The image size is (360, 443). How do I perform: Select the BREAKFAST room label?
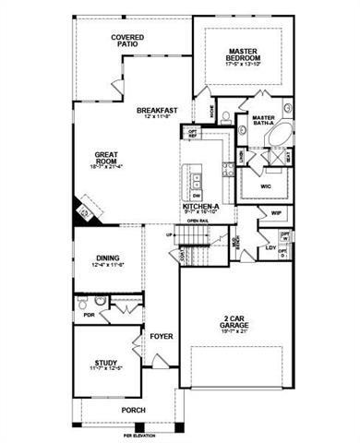click(157, 111)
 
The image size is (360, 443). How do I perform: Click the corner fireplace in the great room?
click(81, 212)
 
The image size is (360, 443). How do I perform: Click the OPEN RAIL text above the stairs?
click(198, 221)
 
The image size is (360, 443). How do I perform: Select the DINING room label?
click(108, 260)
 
